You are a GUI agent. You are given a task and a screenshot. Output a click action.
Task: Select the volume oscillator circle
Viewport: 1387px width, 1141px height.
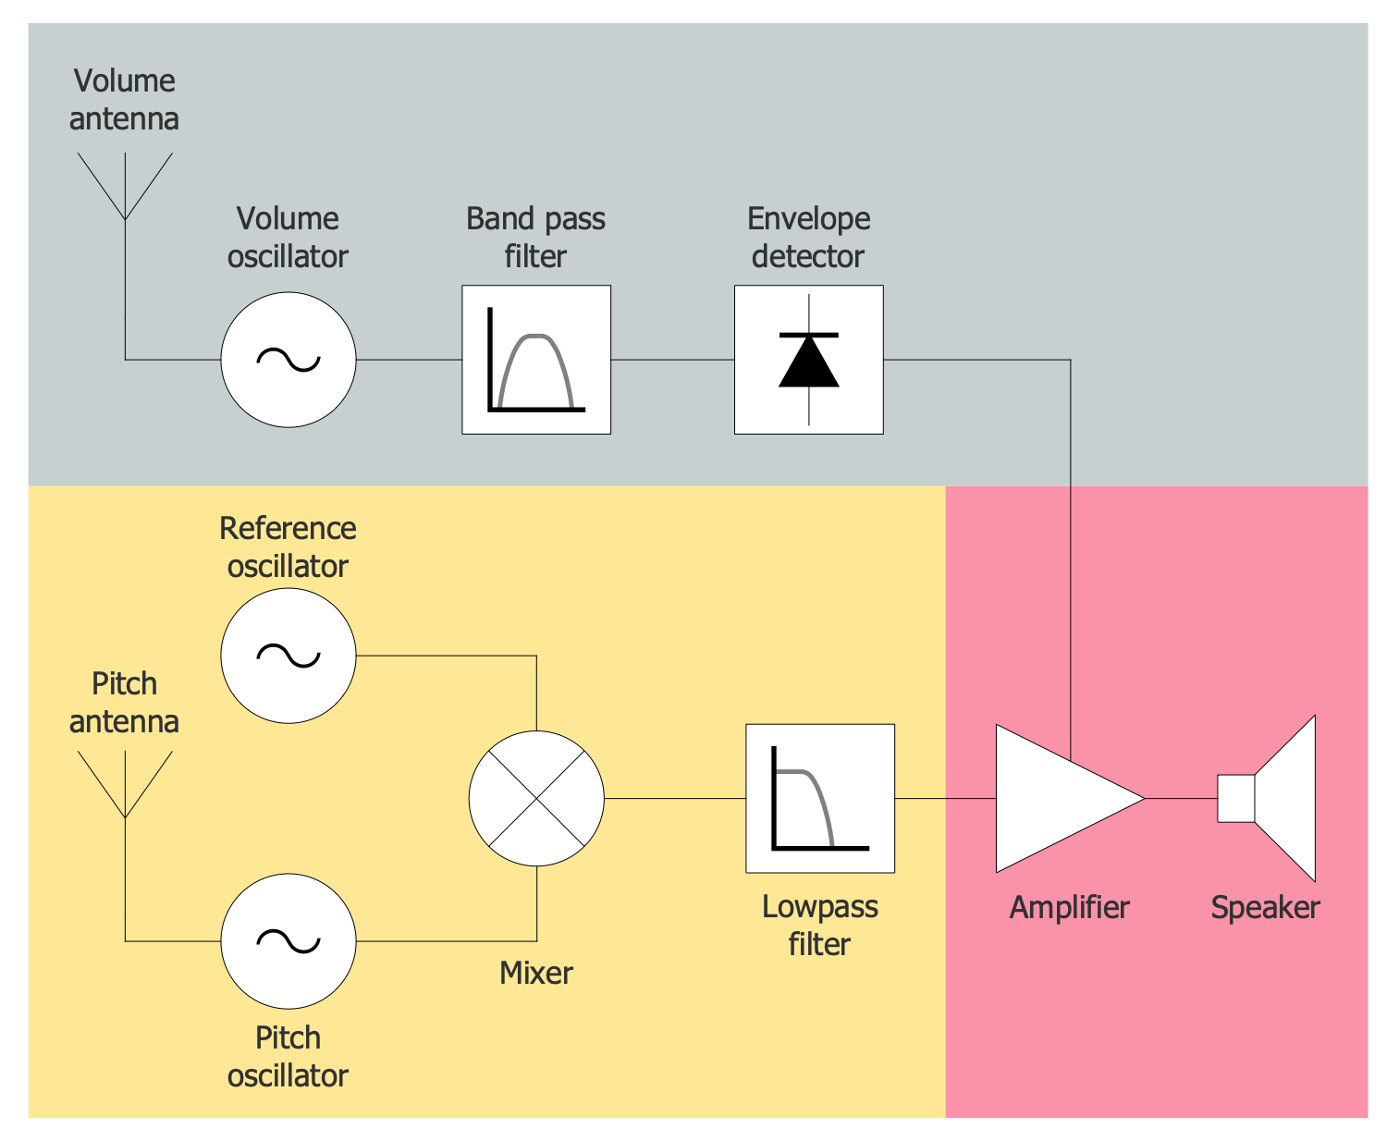(x=288, y=360)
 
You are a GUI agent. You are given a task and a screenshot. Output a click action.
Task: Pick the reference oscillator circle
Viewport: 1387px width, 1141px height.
(x=288, y=656)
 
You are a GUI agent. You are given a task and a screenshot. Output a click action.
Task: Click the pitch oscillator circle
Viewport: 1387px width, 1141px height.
(x=288, y=941)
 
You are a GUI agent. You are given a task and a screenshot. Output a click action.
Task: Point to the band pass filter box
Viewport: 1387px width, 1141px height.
(x=536, y=360)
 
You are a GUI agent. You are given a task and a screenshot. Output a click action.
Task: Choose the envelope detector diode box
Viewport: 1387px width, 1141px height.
(x=809, y=360)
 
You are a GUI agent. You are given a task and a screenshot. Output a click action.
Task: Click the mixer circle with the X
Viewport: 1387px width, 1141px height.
(x=536, y=798)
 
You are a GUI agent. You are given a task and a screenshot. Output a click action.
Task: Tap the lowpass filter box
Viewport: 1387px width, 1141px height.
(x=820, y=798)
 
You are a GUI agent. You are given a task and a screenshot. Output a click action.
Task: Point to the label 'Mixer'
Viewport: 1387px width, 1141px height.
(x=536, y=973)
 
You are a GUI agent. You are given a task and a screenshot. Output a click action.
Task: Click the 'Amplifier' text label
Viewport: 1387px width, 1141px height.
(x=1069, y=907)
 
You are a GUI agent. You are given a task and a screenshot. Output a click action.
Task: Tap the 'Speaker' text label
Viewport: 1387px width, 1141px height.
(x=1265, y=907)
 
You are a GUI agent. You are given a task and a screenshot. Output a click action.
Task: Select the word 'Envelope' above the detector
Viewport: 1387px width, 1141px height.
(x=809, y=219)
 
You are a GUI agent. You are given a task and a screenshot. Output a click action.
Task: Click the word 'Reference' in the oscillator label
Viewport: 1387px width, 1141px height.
(x=288, y=528)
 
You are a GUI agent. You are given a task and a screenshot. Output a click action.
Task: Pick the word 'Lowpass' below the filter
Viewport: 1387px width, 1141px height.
(x=820, y=907)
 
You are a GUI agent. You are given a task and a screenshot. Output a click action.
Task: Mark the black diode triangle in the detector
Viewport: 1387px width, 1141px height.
(x=809, y=362)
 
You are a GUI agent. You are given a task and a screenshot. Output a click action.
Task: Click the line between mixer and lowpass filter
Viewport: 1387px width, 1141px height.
(x=675, y=798)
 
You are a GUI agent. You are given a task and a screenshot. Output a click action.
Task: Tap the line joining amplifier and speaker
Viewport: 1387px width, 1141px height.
(x=1181, y=798)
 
